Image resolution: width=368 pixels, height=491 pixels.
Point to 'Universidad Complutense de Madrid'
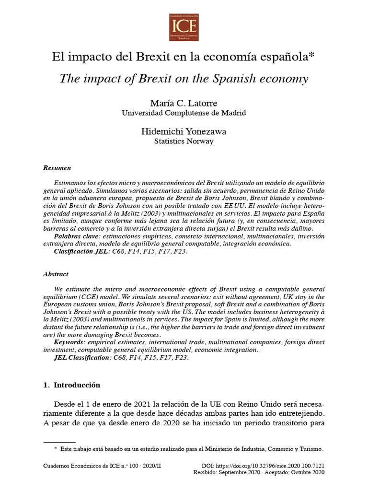184,113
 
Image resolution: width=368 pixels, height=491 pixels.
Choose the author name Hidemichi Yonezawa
184,131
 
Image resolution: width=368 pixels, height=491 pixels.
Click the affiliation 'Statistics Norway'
184,141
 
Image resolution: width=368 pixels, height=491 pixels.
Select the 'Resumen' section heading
57,168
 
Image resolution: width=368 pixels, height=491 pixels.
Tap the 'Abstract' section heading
56,274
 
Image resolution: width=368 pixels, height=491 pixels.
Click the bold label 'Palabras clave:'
76,236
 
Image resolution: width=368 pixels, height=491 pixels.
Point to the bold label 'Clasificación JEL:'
82,251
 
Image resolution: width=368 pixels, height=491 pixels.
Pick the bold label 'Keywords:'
69,342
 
